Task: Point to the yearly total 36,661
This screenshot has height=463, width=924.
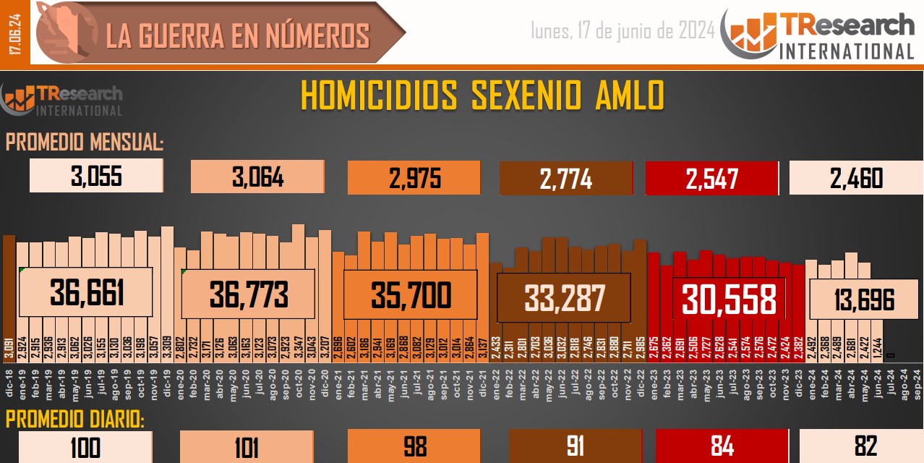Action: click(87, 293)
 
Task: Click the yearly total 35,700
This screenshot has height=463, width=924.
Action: click(411, 295)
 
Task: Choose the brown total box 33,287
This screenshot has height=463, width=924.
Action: click(564, 297)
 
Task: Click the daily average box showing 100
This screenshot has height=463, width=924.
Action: click(85, 447)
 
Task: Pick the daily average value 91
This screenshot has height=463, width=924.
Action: click(575, 447)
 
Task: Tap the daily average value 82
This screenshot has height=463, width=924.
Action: click(865, 447)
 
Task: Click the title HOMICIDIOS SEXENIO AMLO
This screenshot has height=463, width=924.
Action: click(482, 95)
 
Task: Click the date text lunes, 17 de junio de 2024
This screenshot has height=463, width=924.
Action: click(623, 30)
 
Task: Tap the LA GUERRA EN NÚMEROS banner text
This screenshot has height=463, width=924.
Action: click(238, 35)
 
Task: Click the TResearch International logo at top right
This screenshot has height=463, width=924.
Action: click(823, 34)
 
